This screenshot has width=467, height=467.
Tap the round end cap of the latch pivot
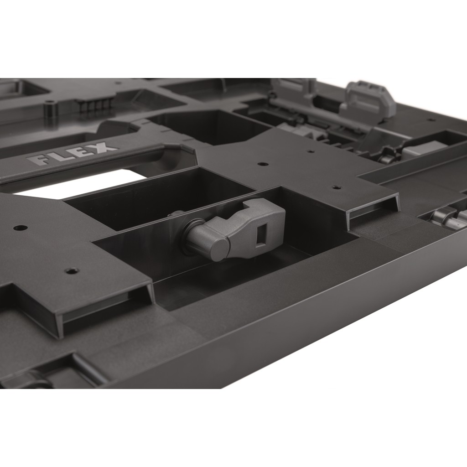[x=220, y=250]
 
